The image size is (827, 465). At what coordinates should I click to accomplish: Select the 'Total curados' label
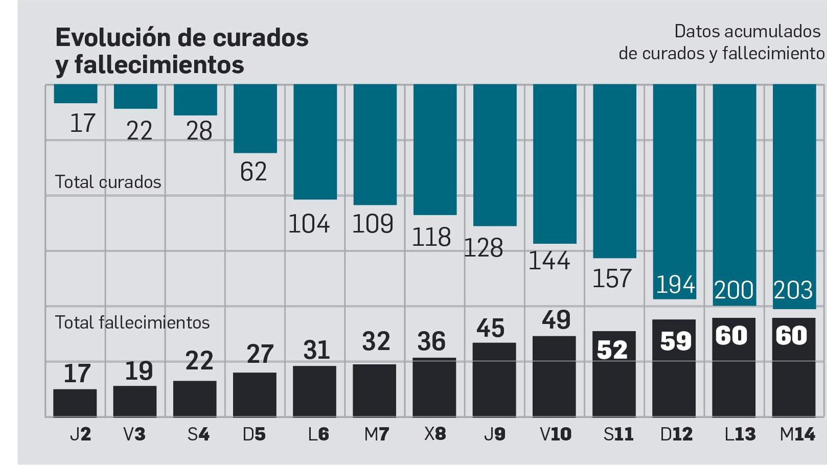tap(108, 182)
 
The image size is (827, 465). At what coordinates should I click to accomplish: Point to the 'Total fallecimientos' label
tap(132, 322)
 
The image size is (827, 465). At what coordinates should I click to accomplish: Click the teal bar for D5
tap(255, 118)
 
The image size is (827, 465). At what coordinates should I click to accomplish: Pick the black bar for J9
tap(494, 379)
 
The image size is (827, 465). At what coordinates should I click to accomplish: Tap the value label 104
tap(309, 224)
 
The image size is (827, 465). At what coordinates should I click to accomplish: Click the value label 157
tap(611, 278)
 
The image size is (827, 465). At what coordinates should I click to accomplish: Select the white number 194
tap(675, 285)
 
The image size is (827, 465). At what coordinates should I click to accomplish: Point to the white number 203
tap(793, 290)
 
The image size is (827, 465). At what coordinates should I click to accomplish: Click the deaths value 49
tap(556, 320)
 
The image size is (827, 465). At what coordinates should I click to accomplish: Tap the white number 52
tap(612, 350)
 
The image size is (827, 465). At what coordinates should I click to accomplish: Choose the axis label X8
tap(435, 434)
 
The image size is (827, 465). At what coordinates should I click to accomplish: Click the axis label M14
tap(797, 434)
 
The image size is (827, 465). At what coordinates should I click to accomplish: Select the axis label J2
tap(80, 434)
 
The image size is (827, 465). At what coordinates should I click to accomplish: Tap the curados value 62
tap(253, 172)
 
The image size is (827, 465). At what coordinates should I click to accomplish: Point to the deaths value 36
tap(431, 342)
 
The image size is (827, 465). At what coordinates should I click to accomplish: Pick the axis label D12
tap(676, 434)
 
